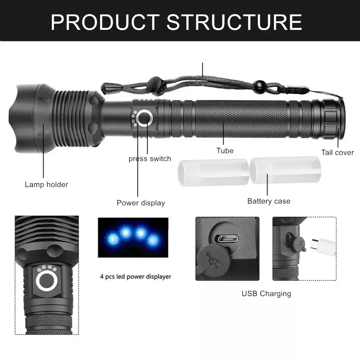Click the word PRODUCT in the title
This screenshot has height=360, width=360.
pos(105,22)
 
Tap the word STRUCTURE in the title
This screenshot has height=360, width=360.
pos(234,22)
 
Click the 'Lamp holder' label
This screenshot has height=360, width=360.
pos(46,185)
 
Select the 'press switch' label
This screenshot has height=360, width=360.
pos(150,159)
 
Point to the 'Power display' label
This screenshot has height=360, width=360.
pos(141,203)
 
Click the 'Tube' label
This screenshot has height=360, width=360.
pos(225,150)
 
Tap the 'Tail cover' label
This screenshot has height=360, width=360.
pos(338,152)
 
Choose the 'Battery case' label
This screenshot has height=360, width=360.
pos(269,201)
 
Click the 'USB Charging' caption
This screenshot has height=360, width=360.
pos(266,294)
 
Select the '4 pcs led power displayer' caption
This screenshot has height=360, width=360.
pos(135,276)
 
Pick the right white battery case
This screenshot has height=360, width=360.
pos(285,170)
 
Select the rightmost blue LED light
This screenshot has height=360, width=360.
pos(152,240)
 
